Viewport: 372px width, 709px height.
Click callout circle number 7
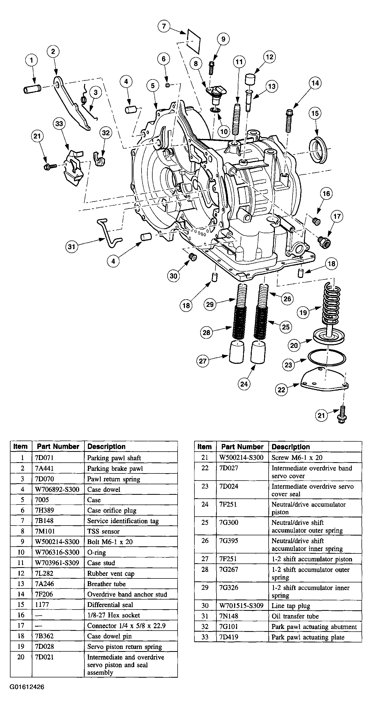(x=164, y=26)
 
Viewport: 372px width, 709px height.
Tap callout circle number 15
(x=315, y=113)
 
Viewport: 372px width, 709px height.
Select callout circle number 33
(x=59, y=124)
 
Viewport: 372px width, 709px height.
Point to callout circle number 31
(x=72, y=246)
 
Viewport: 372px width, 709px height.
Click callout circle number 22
(x=281, y=390)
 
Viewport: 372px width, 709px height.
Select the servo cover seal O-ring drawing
(x=326, y=358)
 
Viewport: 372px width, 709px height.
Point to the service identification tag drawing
(x=194, y=41)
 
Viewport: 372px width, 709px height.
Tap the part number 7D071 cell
(x=44, y=458)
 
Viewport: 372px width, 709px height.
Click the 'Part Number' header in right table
(x=242, y=447)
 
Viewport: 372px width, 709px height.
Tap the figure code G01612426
(x=27, y=687)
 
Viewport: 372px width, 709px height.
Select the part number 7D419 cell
(x=229, y=637)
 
